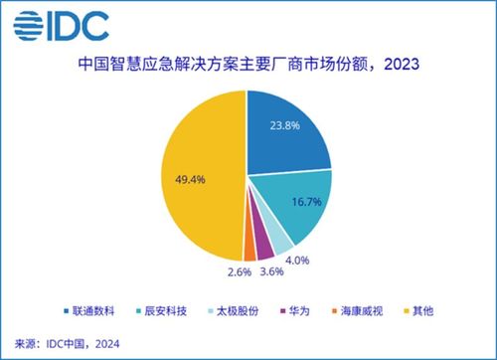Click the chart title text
click(248, 69)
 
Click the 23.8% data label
click(285, 125)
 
